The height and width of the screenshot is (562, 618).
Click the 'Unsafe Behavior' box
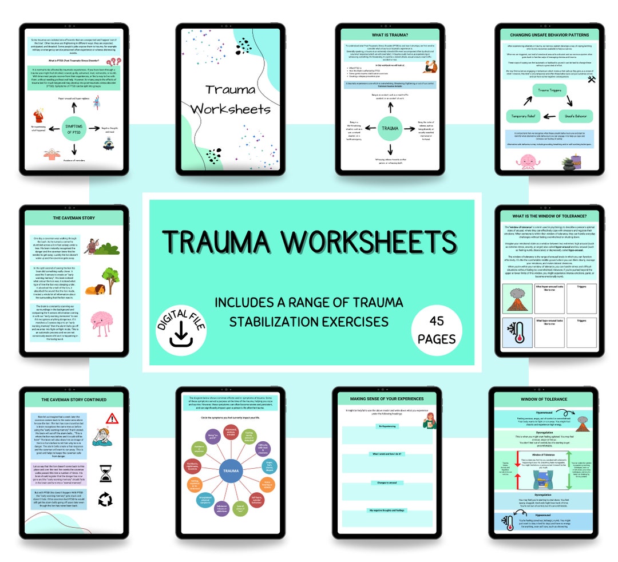[575, 116]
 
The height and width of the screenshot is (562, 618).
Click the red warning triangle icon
[112, 418]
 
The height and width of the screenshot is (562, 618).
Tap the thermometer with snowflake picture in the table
[517, 333]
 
